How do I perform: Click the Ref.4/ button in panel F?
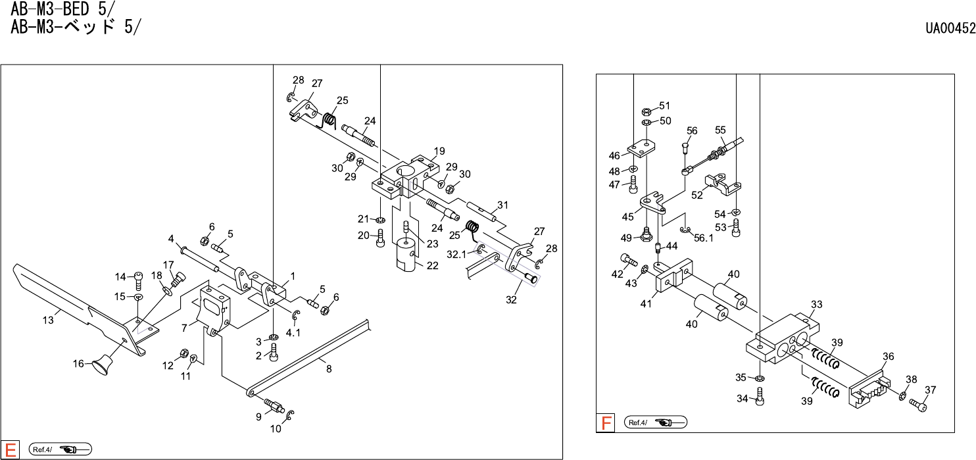[655, 422]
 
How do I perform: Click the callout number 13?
[48, 320]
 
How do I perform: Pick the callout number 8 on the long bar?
[329, 369]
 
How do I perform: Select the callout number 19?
[439, 151]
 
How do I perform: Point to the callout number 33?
[817, 305]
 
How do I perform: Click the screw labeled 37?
[918, 405]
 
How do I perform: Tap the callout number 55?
[720, 130]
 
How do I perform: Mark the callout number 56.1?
[704, 238]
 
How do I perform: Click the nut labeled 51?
[646, 111]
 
